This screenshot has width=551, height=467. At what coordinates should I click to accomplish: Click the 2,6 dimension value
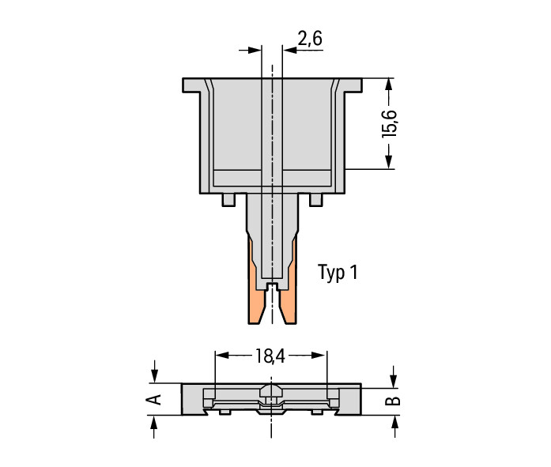coord(310,39)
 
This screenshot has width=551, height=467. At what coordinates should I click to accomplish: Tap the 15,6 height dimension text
coord(390,124)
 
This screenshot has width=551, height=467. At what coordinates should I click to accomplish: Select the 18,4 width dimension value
coord(270,356)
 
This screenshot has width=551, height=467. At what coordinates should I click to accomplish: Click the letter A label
coord(153,399)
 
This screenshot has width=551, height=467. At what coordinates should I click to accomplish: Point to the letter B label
coord(393,401)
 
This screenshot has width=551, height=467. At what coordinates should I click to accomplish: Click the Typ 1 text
coord(338,273)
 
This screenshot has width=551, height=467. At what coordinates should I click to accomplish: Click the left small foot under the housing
coord(228,200)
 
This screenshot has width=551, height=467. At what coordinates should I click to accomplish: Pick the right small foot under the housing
coord(315,200)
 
